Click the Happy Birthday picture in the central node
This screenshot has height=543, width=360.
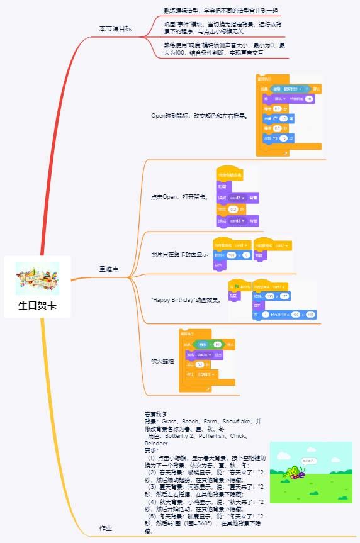(38, 278)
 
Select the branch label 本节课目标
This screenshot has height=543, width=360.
(115, 29)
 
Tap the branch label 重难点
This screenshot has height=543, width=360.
(110, 269)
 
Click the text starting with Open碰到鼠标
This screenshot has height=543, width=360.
(199, 116)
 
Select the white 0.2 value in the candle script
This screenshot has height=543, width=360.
(199, 364)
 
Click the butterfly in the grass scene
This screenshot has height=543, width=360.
(295, 471)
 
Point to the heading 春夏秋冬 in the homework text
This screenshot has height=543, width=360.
(155, 413)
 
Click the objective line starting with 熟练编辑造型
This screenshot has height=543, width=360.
(212, 11)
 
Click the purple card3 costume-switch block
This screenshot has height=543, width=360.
(237, 221)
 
